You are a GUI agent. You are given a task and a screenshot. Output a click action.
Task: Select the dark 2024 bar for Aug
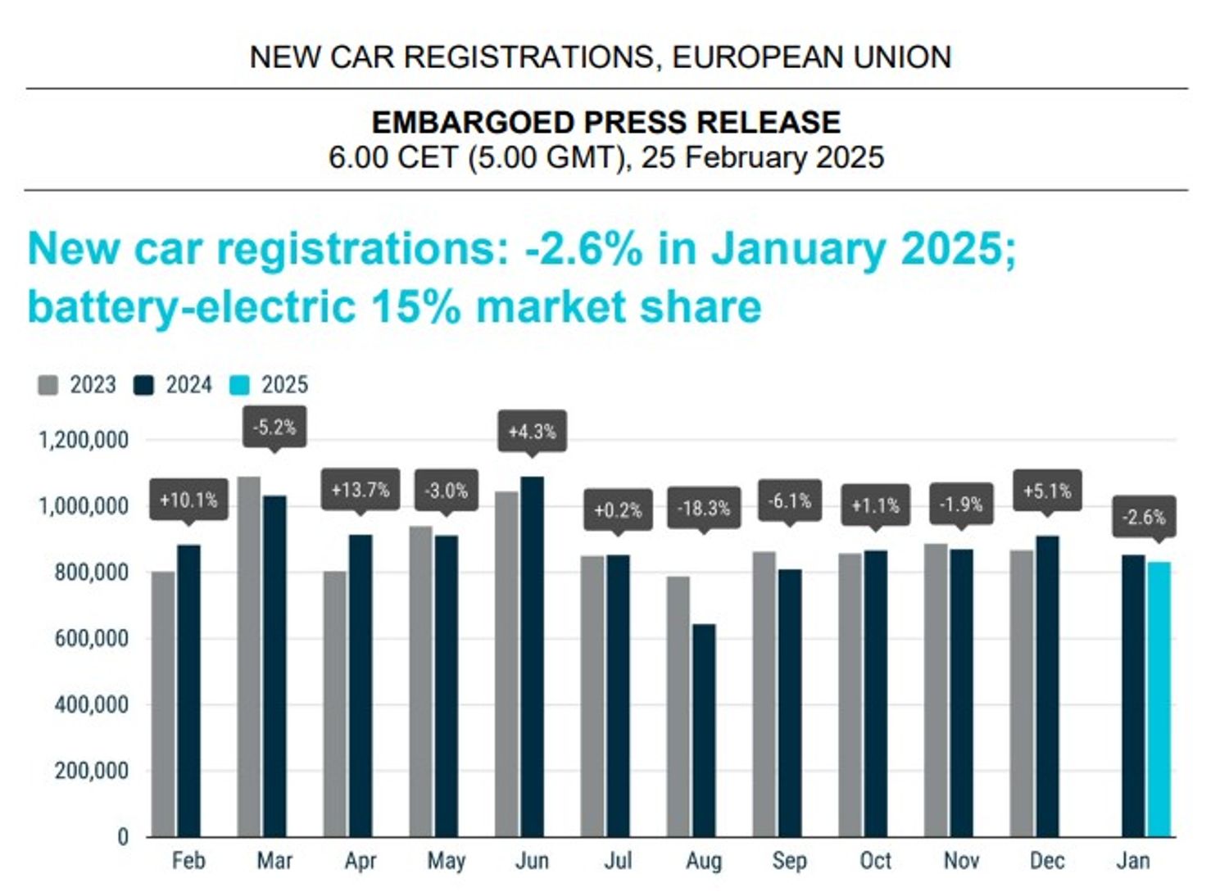click(x=704, y=730)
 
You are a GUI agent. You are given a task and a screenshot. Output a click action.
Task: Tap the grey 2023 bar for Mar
click(x=249, y=656)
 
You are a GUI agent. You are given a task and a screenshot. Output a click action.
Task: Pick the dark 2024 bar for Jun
click(x=532, y=656)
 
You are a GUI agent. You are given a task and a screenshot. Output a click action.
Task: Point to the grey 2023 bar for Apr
click(x=335, y=704)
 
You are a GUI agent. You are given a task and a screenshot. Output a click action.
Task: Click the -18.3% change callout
click(x=704, y=508)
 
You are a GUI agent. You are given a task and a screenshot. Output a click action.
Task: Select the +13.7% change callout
click(x=360, y=490)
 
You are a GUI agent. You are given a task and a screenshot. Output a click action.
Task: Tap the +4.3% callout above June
click(x=532, y=431)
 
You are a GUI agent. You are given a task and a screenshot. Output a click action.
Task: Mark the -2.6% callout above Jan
click(x=1144, y=517)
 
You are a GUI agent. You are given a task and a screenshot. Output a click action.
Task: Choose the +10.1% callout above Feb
click(x=188, y=500)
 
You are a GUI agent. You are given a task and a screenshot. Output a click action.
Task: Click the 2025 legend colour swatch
click(x=239, y=385)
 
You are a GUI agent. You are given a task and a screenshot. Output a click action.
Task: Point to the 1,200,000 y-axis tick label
click(x=84, y=441)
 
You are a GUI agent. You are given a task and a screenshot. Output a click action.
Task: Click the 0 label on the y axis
click(x=123, y=837)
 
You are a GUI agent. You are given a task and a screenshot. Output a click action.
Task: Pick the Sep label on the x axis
click(x=789, y=861)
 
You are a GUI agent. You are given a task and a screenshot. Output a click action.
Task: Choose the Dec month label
click(x=1047, y=861)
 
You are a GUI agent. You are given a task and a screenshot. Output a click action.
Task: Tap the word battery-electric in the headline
click(x=192, y=307)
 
